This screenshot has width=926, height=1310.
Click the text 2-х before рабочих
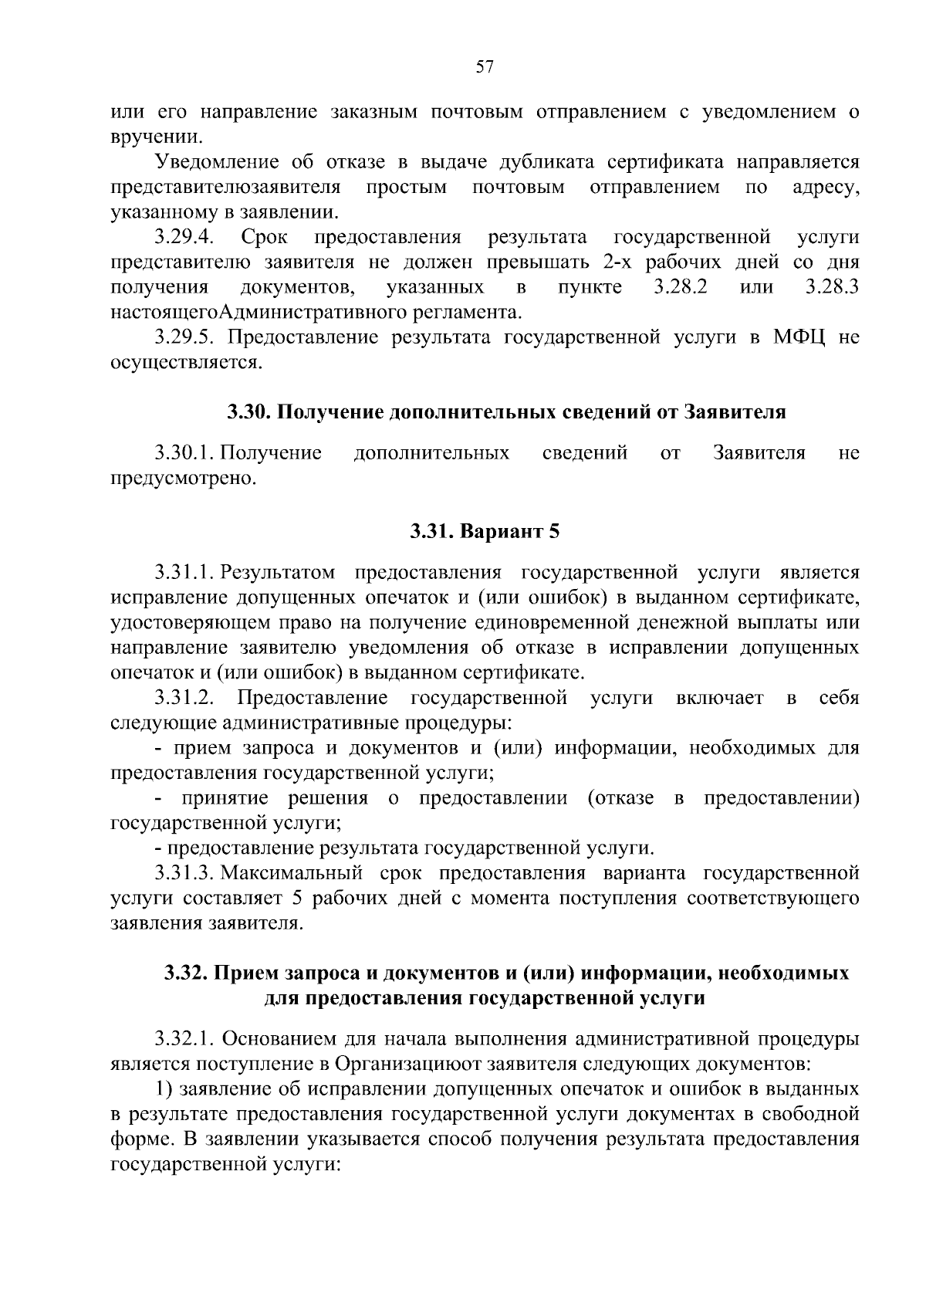click(623, 262)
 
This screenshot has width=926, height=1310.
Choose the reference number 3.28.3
click(832, 287)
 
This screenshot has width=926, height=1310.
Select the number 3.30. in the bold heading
click(248, 412)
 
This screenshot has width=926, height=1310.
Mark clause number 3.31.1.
click(184, 573)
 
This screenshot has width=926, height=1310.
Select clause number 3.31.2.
click(184, 699)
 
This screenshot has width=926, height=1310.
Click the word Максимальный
click(292, 874)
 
